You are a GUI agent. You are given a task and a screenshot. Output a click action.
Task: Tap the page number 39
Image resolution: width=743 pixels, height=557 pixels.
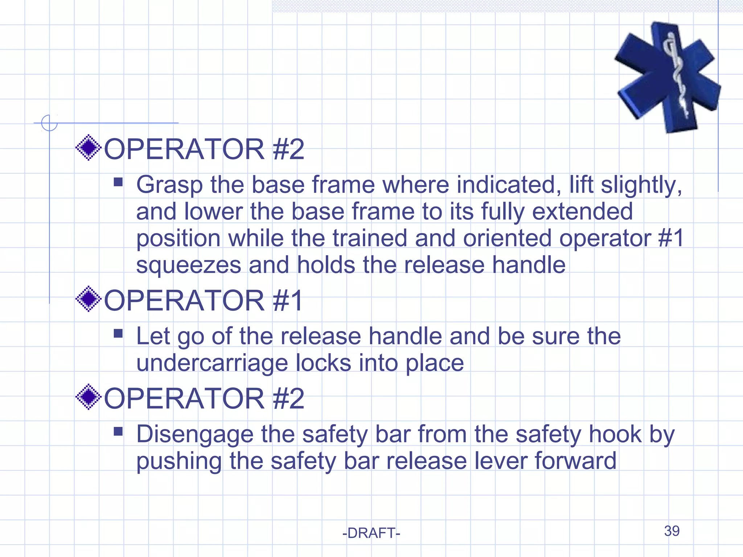click(672, 531)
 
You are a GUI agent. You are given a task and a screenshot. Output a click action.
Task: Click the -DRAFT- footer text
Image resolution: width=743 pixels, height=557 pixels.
click(371, 533)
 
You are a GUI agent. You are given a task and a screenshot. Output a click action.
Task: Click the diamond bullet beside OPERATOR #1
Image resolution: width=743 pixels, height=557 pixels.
click(88, 299)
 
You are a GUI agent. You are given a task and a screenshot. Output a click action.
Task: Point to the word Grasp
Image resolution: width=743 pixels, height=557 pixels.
click(169, 185)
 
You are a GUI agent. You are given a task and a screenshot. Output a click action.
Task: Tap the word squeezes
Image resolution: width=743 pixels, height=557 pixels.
click(189, 265)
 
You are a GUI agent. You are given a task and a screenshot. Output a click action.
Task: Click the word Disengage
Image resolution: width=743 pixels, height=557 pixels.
click(195, 434)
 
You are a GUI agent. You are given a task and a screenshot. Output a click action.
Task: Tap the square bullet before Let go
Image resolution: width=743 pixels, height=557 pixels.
click(118, 333)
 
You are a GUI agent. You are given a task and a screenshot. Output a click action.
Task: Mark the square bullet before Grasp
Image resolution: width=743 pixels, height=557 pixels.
click(118, 182)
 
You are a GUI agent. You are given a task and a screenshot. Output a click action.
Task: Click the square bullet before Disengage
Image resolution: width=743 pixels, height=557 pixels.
click(118, 431)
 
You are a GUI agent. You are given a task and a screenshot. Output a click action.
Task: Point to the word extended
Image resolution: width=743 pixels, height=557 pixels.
click(582, 211)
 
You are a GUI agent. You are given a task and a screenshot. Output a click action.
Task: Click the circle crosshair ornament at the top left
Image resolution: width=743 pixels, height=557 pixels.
click(49, 123)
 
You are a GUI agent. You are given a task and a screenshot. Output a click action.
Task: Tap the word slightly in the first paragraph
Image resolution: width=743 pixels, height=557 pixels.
click(641, 185)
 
